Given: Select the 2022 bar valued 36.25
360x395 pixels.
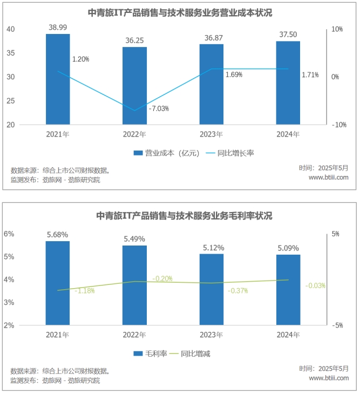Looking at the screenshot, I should pos(134,86).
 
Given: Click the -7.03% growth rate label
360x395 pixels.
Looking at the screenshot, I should pos(159,108).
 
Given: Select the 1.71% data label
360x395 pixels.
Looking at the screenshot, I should pos(310,74).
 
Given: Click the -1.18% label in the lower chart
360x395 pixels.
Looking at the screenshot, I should pos(85,291).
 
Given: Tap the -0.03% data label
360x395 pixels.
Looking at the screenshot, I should pos(315,285).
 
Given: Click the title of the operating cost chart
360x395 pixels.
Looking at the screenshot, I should pos(180,13).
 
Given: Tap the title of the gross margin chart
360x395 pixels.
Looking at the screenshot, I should pos(180,215).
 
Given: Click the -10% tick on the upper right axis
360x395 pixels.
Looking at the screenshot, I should pos(338,125).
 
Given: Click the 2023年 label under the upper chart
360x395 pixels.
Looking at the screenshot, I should pos(211,134).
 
